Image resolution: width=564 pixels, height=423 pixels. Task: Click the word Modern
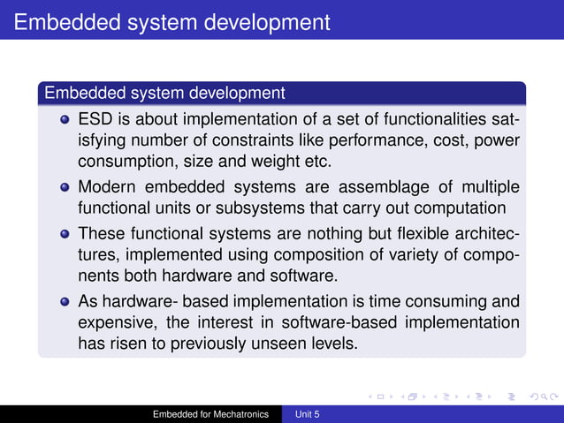pos(109,187)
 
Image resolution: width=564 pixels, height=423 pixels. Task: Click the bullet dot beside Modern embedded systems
pos(65,188)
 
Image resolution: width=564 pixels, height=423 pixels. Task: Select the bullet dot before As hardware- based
pos(65,302)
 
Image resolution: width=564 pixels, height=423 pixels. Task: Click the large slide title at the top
pos(172,19)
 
